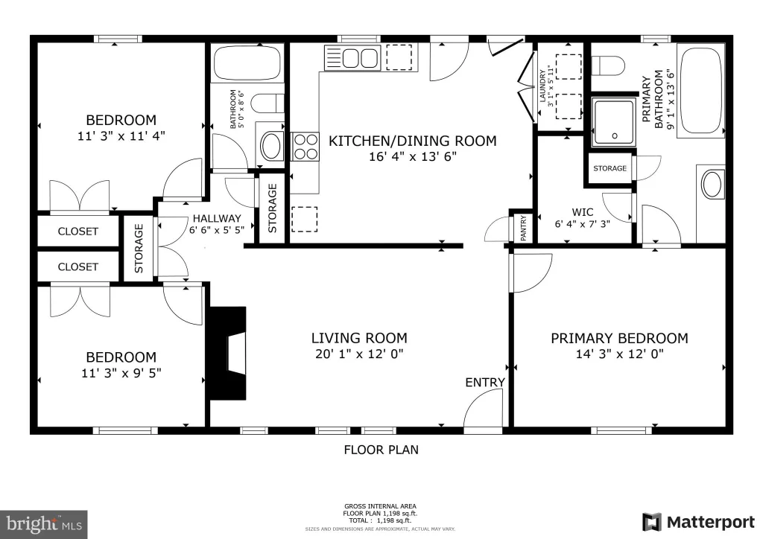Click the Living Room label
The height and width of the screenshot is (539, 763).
pyautogui.click(x=359, y=338)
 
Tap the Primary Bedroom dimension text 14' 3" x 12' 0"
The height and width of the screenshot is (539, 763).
pyautogui.click(x=619, y=354)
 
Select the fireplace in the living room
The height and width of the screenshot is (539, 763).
pyautogui.click(x=228, y=353)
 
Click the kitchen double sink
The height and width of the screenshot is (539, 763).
pyautogui.click(x=360, y=58)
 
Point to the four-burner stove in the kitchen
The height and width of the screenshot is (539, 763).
pyautogui.click(x=305, y=147)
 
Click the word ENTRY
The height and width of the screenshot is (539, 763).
pyautogui.click(x=484, y=383)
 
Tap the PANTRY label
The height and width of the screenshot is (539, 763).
pyautogui.click(x=524, y=228)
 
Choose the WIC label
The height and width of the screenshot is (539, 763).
pyautogui.click(x=583, y=212)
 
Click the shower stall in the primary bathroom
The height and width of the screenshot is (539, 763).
pyautogui.click(x=614, y=122)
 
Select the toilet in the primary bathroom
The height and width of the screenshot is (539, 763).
pyautogui.click(x=608, y=66)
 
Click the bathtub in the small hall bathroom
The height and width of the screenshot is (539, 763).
pyautogui.click(x=247, y=63)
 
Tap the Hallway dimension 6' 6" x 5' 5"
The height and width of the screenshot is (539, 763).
pyautogui.click(x=217, y=230)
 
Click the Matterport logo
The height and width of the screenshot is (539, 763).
pyautogui.click(x=699, y=522)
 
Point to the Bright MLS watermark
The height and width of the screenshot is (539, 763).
pyautogui.click(x=44, y=524)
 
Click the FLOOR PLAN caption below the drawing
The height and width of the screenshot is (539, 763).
pyautogui.click(x=381, y=450)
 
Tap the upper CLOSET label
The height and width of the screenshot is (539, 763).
pyautogui.click(x=77, y=232)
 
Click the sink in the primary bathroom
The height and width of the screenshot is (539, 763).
pyautogui.click(x=712, y=185)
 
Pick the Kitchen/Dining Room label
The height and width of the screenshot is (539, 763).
pyautogui.click(x=413, y=141)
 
